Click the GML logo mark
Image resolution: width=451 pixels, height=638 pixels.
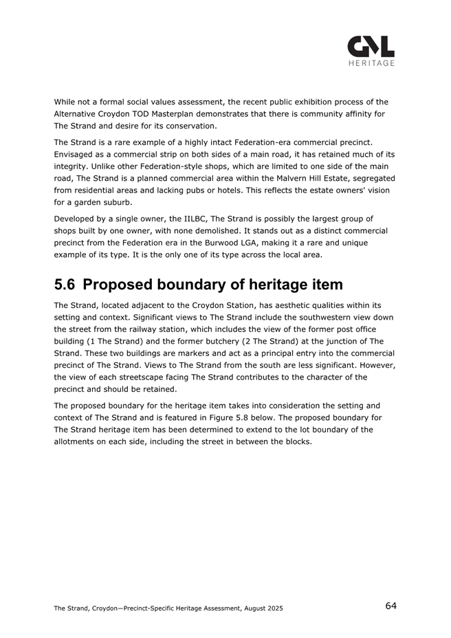point(371,47)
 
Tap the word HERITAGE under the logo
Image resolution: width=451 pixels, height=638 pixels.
point(371,63)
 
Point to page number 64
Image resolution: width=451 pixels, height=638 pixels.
point(390,606)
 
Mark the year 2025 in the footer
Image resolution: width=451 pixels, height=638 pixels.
point(272,608)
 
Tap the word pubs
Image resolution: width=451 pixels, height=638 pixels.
point(203,190)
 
